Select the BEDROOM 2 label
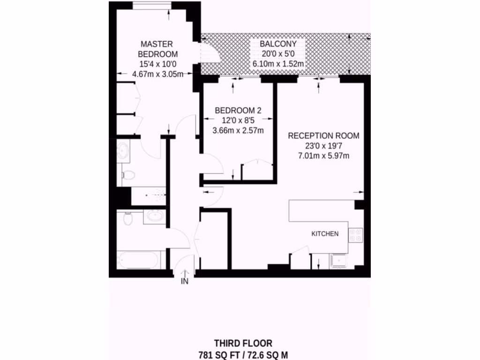pos(238,111)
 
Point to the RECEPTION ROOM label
pos(323,136)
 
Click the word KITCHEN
pos(325,233)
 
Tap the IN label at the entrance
pos(185,282)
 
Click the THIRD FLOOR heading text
pos(243,344)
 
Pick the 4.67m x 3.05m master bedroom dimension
pos(157,74)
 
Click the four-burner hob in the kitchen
pos(355,234)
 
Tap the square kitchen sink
pos(338,261)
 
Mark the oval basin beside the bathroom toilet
pos(155,216)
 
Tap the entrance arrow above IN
pos(185,272)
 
